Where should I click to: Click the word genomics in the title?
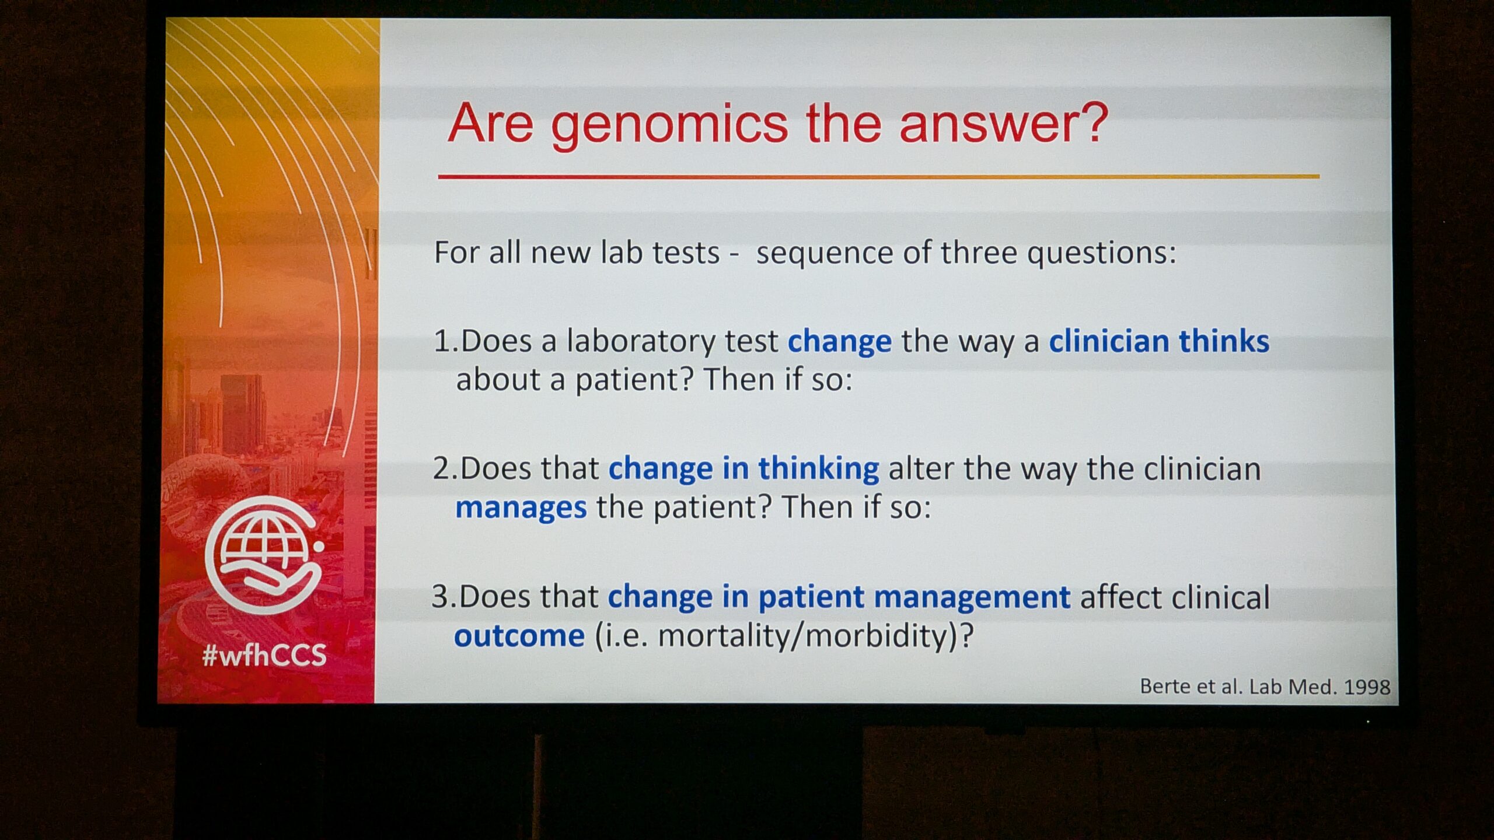670,125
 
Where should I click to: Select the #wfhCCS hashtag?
264,655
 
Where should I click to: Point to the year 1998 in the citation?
1367,687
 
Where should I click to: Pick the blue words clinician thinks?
1159,341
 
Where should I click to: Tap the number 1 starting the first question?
441,341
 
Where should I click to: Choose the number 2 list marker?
442,469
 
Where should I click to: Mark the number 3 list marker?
440,597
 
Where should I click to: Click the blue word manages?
521,508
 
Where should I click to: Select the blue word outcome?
519,635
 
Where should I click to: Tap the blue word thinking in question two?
818,469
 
